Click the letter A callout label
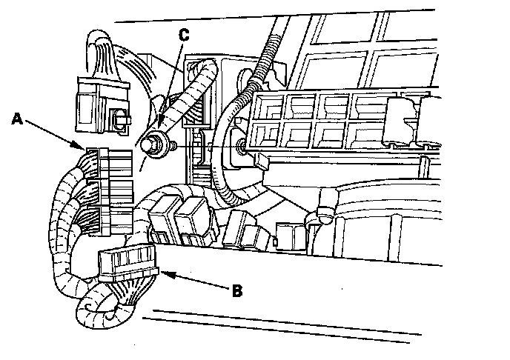pyautogui.click(x=17, y=119)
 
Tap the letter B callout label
pyautogui.click(x=237, y=291)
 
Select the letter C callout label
pyautogui.click(x=184, y=35)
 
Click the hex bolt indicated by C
pyautogui.click(x=156, y=146)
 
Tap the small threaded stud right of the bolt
pyautogui.click(x=173, y=145)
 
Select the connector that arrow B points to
pyautogui.click(x=127, y=262)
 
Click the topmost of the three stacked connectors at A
pyautogui.click(x=110, y=164)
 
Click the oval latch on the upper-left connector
pyautogui.click(x=119, y=119)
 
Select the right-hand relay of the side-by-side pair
pyautogui.click(x=195, y=221)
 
